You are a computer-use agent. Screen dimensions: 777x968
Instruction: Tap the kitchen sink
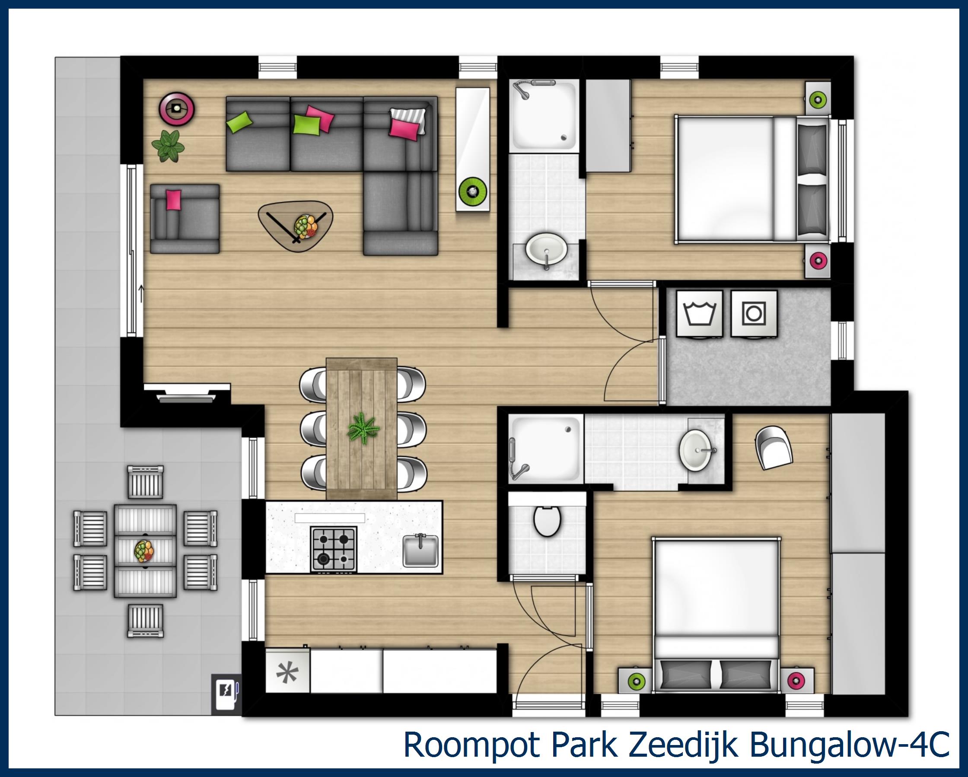(420, 550)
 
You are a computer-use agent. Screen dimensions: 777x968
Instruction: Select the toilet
(547, 521)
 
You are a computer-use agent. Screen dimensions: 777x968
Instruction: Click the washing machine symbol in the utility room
(699, 313)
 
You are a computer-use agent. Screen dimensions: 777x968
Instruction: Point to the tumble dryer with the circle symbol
(754, 313)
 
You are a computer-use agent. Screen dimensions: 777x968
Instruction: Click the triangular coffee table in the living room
(296, 225)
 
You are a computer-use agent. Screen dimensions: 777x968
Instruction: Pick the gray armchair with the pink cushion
(185, 219)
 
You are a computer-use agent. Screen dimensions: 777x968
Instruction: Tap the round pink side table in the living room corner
(177, 108)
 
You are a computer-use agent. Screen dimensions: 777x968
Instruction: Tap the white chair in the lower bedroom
(774, 448)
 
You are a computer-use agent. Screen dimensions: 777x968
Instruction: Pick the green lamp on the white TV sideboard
(472, 191)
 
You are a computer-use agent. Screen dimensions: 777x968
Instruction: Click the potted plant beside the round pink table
(169, 146)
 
